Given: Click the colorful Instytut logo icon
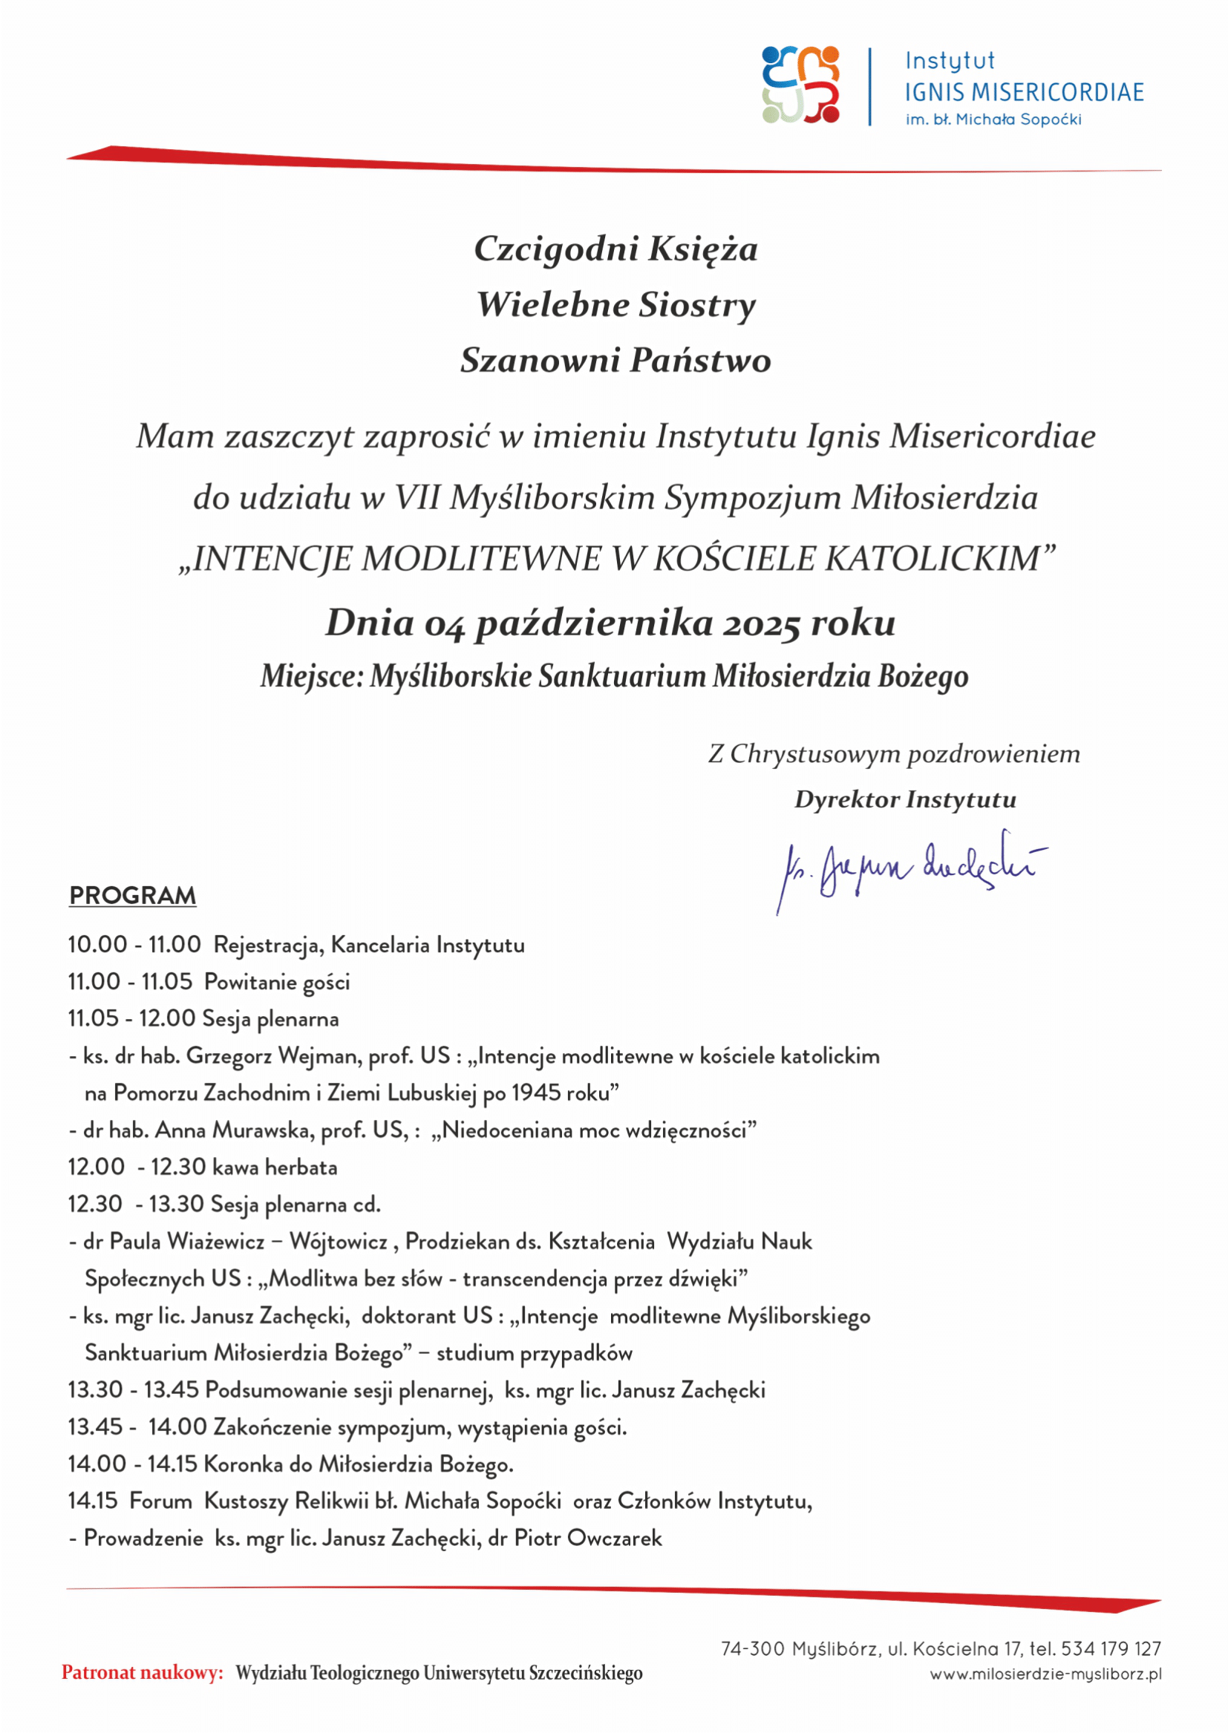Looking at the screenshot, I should (801, 85).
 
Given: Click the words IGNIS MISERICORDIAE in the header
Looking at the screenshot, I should (1024, 92).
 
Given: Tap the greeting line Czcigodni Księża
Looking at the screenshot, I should (615, 249).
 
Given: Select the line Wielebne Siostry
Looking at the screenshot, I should (615, 305).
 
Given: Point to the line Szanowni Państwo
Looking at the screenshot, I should (615, 360).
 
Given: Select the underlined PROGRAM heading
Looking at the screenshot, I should (132, 895).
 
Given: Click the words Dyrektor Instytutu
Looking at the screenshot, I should (904, 799).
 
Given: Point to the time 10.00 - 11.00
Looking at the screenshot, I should (134, 944).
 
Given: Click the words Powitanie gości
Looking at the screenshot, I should (278, 982).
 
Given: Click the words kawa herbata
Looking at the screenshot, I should (275, 1167).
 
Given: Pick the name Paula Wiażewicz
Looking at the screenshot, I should (188, 1241).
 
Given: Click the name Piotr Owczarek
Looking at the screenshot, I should (587, 1538).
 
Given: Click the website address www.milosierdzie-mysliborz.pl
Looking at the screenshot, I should (1045, 1674).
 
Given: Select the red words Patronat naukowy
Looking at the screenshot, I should (142, 1672).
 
